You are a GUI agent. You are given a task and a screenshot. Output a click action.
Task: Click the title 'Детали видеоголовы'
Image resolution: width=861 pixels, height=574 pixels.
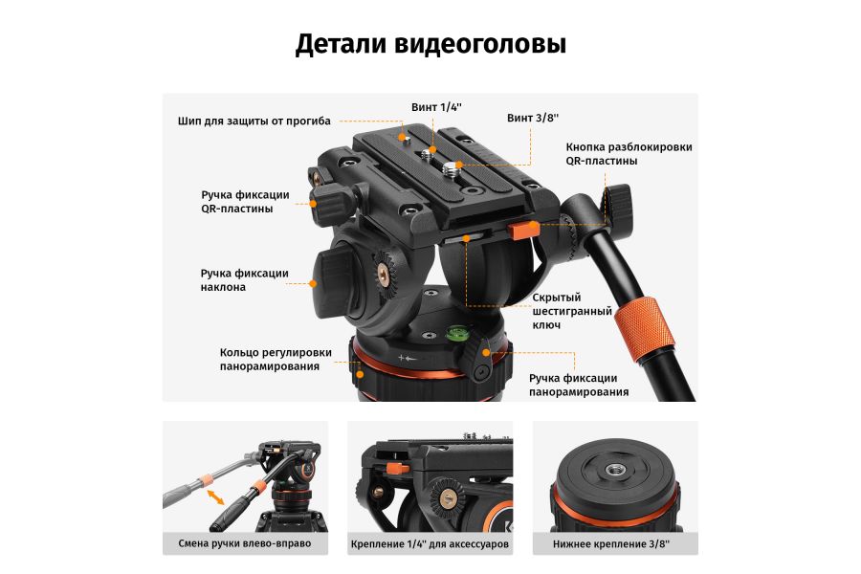tap(430, 44)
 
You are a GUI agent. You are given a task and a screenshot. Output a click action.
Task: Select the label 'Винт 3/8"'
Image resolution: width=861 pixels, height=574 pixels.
tap(533, 118)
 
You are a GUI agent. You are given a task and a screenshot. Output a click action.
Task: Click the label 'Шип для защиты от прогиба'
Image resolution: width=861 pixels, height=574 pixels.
tap(254, 121)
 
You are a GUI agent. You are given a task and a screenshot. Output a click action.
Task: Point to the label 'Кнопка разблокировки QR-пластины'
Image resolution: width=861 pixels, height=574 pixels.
tap(629, 154)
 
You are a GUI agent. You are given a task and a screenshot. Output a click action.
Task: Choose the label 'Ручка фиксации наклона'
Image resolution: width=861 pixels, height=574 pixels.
tap(244, 280)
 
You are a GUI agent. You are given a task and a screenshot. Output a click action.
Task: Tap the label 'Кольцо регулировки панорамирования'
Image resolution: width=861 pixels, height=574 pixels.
tap(276, 360)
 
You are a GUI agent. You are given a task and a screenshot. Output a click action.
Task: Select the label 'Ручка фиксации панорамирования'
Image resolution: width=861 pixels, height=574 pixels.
tap(578, 385)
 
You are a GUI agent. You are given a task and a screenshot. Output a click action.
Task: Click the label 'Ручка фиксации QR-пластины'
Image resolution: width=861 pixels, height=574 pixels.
tap(244, 201)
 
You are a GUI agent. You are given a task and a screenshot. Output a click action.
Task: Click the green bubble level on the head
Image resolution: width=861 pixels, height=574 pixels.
tap(458, 335)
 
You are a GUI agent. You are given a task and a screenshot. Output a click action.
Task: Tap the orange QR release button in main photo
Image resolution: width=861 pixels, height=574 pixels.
tap(522, 230)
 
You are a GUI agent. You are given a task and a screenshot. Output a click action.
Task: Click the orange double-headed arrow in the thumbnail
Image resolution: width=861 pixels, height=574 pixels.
tap(217, 497)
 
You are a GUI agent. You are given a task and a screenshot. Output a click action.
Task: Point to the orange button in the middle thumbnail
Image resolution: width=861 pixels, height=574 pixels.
tap(393, 468)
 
